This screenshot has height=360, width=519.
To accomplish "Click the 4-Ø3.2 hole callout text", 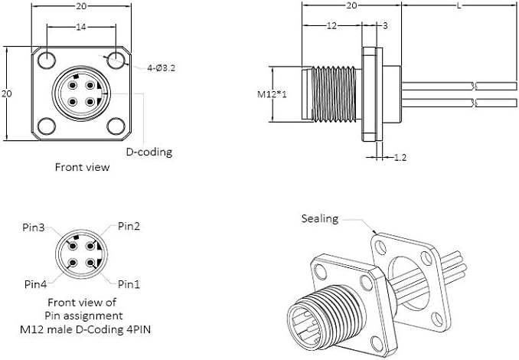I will click(x=162, y=68).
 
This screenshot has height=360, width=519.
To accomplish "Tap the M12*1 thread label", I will click(x=272, y=95).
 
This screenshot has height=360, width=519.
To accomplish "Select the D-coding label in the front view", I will click(x=149, y=152).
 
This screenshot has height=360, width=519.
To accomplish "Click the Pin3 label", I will click(x=34, y=227).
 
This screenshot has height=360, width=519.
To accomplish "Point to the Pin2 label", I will click(x=129, y=226).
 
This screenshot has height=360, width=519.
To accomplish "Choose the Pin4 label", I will click(x=35, y=284).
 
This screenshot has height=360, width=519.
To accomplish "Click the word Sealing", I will click(x=320, y=219).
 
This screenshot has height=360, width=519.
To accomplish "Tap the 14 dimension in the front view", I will click(x=80, y=27).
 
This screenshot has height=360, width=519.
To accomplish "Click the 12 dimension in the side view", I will click(x=331, y=26).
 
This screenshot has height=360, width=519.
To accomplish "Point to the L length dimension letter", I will click(x=458, y=6).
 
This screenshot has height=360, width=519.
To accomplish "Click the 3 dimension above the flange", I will click(x=384, y=26).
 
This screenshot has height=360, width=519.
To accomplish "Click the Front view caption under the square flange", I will click(x=82, y=166).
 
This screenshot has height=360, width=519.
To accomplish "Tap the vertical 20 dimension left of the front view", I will click(x=7, y=93).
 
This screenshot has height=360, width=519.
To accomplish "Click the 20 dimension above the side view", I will click(x=352, y=6).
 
